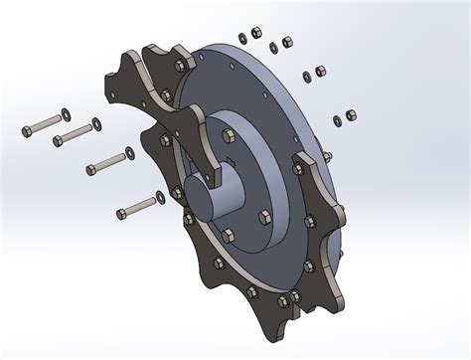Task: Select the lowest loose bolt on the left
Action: point(140,206)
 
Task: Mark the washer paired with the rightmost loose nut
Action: point(337,120)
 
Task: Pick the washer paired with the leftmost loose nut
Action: point(241,39)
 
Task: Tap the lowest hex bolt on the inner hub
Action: point(229,236)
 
